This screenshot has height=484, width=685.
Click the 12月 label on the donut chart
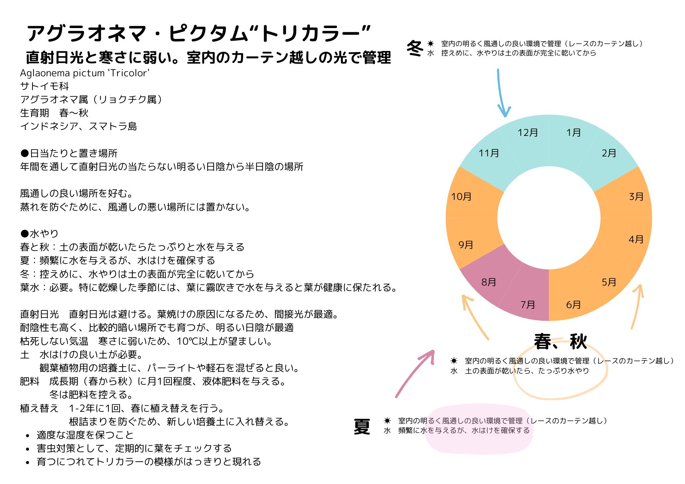pyautogui.click(x=528, y=133)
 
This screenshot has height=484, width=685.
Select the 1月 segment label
pyautogui.click(x=573, y=133)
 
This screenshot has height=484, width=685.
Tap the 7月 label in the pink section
pyautogui.click(x=528, y=305)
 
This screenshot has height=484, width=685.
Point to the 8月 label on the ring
pyautogui.click(x=489, y=282)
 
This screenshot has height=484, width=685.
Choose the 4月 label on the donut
pyautogui.click(x=636, y=240)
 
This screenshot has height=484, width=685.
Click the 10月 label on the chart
pyautogui.click(x=461, y=197)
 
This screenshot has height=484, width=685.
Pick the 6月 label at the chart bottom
pyautogui.click(x=573, y=305)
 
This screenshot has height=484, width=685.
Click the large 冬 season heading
pyautogui.click(x=415, y=49)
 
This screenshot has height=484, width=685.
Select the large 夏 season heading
pyautogui.click(x=362, y=427)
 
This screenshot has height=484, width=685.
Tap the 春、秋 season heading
pyautogui.click(x=561, y=342)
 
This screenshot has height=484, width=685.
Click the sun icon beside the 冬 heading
pyautogui.click(x=431, y=44)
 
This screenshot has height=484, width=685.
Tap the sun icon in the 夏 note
pyautogui.click(x=387, y=421)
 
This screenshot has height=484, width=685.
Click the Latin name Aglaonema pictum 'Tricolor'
pyautogui.click(x=85, y=73)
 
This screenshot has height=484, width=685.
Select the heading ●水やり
pyautogui.click(x=39, y=234)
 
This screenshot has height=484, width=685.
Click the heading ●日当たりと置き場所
pyautogui.click(x=69, y=153)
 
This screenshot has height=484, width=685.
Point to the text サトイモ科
pyautogui.click(x=45, y=86)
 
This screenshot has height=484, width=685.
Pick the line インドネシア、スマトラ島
pyautogui.click(x=78, y=127)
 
